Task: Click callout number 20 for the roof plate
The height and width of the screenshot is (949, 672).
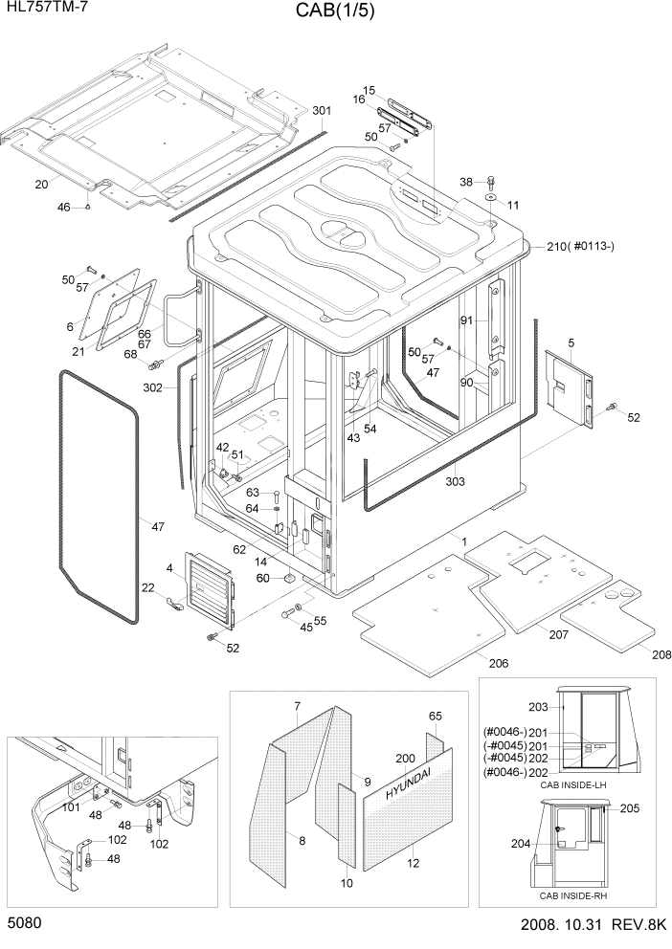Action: (x=41, y=184)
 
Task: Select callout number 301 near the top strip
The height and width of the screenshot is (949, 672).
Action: (x=322, y=110)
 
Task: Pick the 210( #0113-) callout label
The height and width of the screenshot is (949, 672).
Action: (x=580, y=247)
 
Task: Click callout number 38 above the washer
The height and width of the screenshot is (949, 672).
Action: (x=466, y=181)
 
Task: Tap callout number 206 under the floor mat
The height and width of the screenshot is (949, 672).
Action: (x=499, y=663)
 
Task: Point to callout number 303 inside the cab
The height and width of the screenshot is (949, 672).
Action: (x=455, y=482)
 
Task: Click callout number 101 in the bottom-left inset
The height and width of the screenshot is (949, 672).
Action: (x=70, y=806)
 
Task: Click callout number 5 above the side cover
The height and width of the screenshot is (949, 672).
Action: (x=571, y=342)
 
